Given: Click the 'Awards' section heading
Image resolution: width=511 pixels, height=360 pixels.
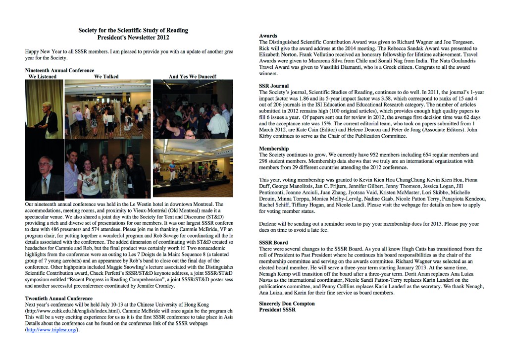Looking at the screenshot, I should click(268, 36).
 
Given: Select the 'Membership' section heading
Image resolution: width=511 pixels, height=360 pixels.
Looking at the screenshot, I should click(274, 148).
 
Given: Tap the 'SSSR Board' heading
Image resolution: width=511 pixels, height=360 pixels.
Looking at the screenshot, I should click(273, 242).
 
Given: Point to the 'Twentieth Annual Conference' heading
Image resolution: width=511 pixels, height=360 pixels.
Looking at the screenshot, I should click(58, 298).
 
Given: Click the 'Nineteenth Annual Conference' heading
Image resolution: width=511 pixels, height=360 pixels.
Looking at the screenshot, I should click(59, 70).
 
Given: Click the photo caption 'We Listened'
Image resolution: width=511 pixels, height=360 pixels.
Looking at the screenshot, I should click(43, 77).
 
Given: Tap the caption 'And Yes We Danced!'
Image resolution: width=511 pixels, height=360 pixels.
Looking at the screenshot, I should click(192, 77).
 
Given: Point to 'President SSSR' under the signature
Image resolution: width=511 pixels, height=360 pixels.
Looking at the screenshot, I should click(277, 310).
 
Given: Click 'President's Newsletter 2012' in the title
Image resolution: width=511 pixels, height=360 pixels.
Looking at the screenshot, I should click(133, 38).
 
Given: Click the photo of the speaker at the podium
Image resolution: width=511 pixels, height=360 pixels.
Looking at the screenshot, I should click(45, 109).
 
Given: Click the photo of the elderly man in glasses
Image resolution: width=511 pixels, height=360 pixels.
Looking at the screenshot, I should click(45, 170).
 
